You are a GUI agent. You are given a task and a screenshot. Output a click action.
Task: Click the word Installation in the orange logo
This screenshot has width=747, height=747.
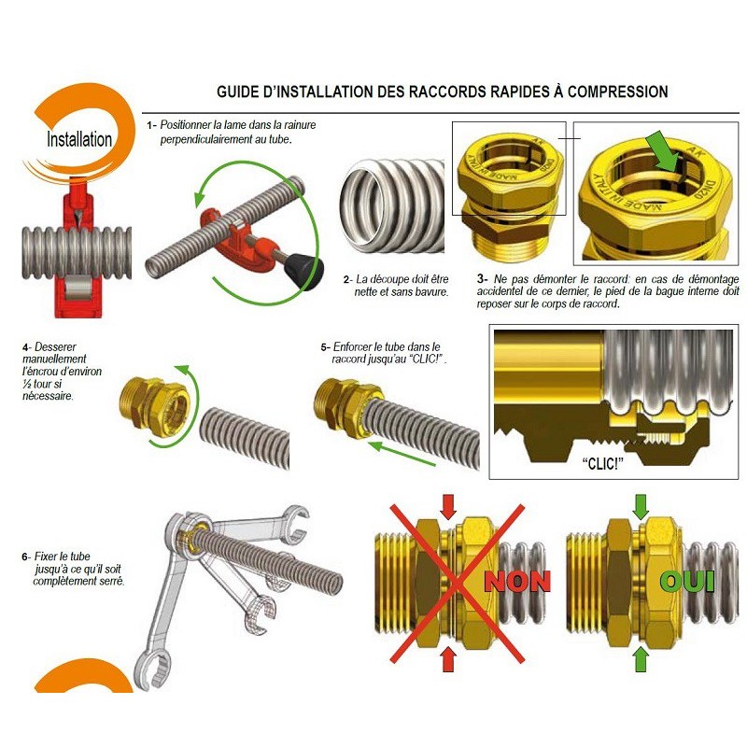[79, 140]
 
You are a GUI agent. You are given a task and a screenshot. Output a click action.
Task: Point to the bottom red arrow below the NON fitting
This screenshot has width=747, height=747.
[448, 660]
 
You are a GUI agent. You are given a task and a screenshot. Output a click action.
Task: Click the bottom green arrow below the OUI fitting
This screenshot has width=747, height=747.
[641, 660]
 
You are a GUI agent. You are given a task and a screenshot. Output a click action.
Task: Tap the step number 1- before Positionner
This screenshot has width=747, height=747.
[151, 124]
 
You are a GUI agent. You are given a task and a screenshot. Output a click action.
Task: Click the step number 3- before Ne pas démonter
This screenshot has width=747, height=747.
[483, 278]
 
